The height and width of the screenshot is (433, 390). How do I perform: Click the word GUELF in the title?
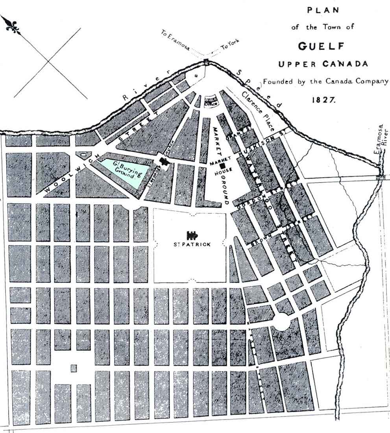point(321,46)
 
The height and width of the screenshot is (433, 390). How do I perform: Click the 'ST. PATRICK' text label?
point(192,244)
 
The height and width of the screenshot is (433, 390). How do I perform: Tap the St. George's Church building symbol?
point(163,160)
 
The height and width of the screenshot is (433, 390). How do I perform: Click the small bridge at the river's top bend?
point(206,61)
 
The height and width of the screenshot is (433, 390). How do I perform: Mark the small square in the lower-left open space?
point(74,368)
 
